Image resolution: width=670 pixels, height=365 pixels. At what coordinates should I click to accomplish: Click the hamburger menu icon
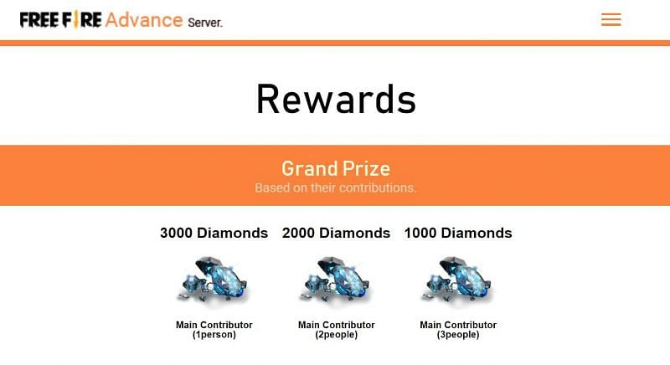[611, 19]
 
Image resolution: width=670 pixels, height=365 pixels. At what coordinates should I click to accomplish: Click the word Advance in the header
[144, 18]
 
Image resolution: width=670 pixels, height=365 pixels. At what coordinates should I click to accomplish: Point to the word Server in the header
[205, 22]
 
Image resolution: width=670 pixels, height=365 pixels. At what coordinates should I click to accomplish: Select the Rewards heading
[335, 99]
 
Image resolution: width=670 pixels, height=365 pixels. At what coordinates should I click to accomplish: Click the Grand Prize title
[335, 168]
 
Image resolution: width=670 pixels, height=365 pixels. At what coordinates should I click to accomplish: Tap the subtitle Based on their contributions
[335, 188]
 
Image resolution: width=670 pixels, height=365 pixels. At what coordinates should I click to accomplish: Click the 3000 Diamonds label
[214, 233]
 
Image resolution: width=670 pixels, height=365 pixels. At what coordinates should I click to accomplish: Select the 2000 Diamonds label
[336, 233]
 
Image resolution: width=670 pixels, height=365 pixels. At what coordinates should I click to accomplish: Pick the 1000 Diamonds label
[457, 233]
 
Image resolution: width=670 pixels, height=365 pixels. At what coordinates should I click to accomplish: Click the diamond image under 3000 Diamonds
[214, 281]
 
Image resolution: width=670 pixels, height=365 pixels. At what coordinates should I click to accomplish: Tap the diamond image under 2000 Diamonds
[336, 281]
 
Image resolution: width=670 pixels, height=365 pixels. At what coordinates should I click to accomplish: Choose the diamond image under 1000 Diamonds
[457, 281]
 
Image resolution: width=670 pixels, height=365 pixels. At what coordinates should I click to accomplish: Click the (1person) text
[214, 335]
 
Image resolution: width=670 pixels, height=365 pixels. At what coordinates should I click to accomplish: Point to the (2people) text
[336, 335]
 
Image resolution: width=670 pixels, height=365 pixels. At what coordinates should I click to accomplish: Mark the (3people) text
[457, 335]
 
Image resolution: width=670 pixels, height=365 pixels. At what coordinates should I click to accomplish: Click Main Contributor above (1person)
[214, 325]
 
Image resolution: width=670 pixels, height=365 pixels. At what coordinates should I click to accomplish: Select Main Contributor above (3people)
[457, 325]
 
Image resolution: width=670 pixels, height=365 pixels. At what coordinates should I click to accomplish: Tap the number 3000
[176, 233]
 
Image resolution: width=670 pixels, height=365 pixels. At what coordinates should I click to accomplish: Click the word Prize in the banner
[366, 168]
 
